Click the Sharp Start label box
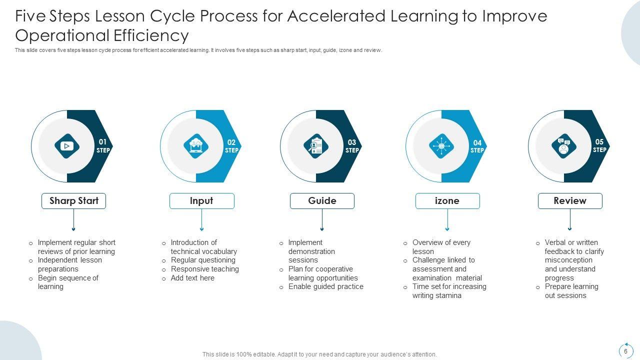[73, 201]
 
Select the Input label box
[201, 201]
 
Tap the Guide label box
[322, 201]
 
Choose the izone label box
[447, 201]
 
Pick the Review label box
[570, 201]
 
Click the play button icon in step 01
[67, 146]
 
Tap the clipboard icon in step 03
[316, 146]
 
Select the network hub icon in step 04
[441, 146]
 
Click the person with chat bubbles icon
[564, 146]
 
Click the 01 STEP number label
[103, 146]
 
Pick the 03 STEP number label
[352, 146]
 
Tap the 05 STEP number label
[599, 145]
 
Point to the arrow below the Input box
[201, 220]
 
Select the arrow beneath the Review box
[570, 220]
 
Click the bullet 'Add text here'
[192, 278]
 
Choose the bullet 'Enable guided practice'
[325, 286]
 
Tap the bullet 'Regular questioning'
[203, 260]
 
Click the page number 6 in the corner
[625, 351]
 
